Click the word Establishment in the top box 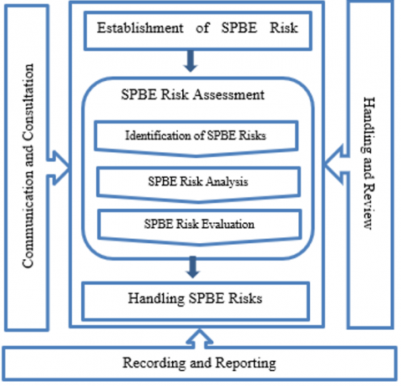coord(140,28)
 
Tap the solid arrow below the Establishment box coord(190,61)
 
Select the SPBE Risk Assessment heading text coord(193,94)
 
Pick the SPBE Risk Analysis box coord(198,185)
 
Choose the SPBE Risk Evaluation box coord(200,227)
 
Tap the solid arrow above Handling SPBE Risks coord(193,267)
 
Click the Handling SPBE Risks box coord(195,301)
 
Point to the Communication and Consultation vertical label coord(28,166)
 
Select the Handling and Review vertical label coord(369,163)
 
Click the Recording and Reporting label coord(200,363)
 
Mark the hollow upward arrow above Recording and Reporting coord(200,338)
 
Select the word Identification coord(160,135)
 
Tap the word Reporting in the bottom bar coord(246,363)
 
